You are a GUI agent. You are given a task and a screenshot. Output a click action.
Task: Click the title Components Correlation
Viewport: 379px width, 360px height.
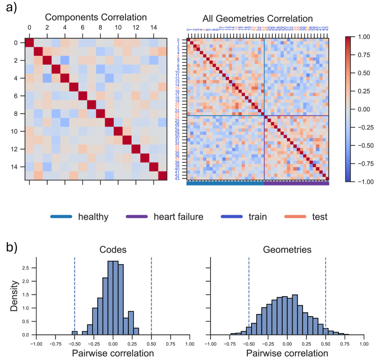click(x=96, y=17)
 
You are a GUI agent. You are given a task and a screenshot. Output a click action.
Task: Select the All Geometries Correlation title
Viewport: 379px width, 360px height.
click(x=257, y=19)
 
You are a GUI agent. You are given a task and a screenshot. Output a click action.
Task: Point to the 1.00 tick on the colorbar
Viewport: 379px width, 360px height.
click(x=362, y=37)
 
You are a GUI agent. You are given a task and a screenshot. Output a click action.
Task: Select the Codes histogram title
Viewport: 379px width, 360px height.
click(x=112, y=250)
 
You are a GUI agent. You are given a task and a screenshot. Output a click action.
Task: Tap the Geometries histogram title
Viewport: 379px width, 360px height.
click(x=286, y=250)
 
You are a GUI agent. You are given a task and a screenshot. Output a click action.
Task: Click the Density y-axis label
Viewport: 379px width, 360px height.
click(x=15, y=296)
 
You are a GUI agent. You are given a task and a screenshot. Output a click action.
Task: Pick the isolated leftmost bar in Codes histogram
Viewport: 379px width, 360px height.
click(x=75, y=333)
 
